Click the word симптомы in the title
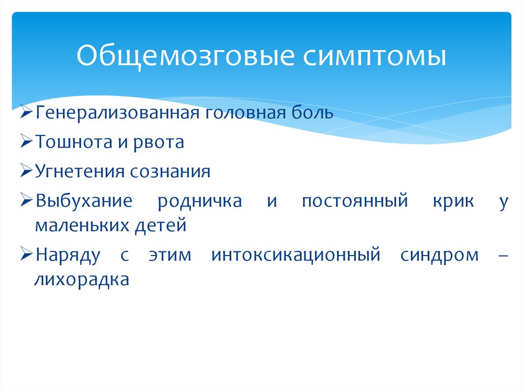[x=375, y=56]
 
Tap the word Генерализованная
[x=117, y=112]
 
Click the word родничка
[x=200, y=201]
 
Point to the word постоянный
[x=354, y=201]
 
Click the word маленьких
[x=82, y=225]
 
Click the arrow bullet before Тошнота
[x=28, y=142]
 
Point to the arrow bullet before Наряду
[x=28, y=255]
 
